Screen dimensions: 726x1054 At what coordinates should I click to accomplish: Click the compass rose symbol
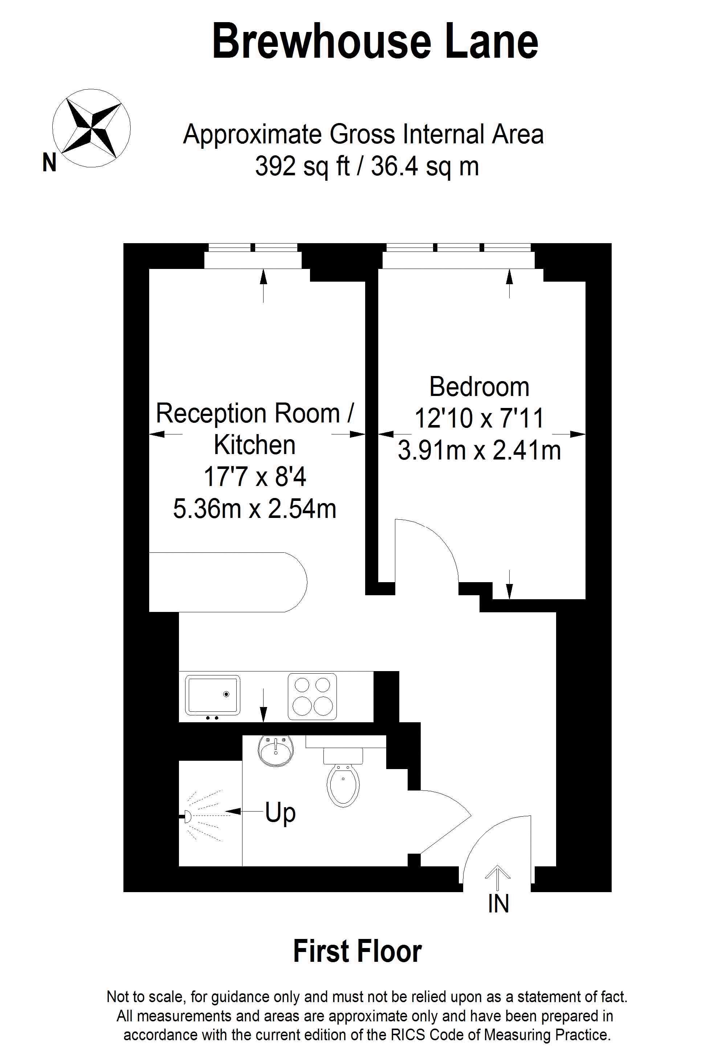(91, 128)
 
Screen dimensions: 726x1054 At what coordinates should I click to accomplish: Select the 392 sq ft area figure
(302, 167)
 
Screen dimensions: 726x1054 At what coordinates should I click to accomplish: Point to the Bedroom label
(480, 387)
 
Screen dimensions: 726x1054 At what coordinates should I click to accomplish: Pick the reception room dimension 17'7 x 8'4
(255, 477)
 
